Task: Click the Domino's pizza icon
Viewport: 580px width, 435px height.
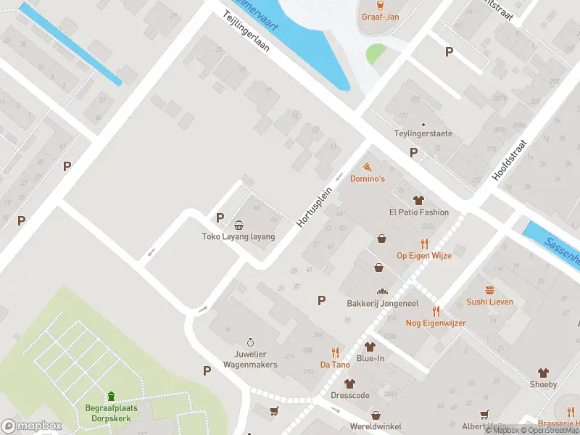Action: click(368, 167)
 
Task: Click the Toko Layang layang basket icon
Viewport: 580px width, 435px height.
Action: click(239, 225)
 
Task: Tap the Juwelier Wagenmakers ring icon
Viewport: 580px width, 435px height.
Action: click(251, 342)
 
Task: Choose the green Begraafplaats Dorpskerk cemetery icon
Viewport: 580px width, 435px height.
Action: click(111, 396)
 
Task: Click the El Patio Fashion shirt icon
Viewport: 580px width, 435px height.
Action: click(418, 200)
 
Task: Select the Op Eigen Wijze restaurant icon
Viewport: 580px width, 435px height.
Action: click(424, 244)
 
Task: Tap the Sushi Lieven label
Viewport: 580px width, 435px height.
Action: click(489, 302)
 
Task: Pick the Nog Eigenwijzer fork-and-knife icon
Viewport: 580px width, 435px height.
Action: click(436, 311)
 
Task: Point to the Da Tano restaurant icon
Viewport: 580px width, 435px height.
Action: click(335, 352)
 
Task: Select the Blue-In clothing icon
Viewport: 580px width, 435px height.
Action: click(370, 347)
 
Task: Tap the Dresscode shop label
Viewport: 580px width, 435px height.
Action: click(350, 397)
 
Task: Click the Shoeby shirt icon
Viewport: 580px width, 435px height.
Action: click(543, 373)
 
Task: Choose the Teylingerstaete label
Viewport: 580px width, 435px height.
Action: click(423, 133)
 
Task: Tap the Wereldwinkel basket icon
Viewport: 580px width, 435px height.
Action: click(376, 415)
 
